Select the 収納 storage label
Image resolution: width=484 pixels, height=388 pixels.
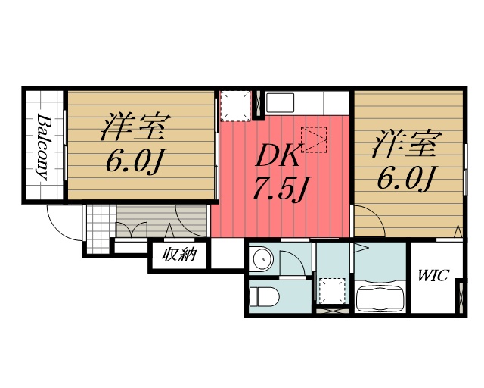(x=179, y=255)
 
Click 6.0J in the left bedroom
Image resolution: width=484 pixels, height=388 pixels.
(x=137, y=161)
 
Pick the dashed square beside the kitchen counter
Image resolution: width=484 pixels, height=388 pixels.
(x=234, y=105)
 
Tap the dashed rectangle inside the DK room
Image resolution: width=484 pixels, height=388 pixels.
(x=313, y=138)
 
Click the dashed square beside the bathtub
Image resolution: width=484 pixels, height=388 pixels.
(x=330, y=290)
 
